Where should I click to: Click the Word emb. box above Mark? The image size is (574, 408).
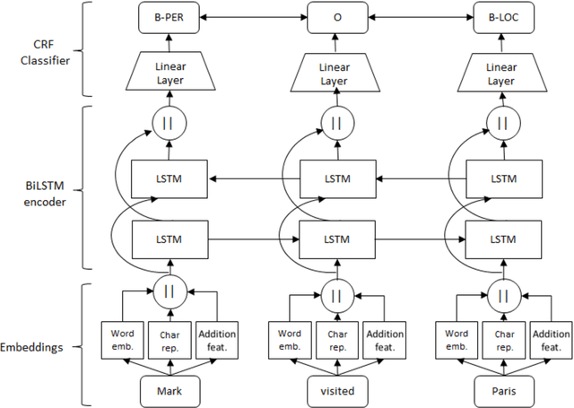(x=119, y=340)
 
